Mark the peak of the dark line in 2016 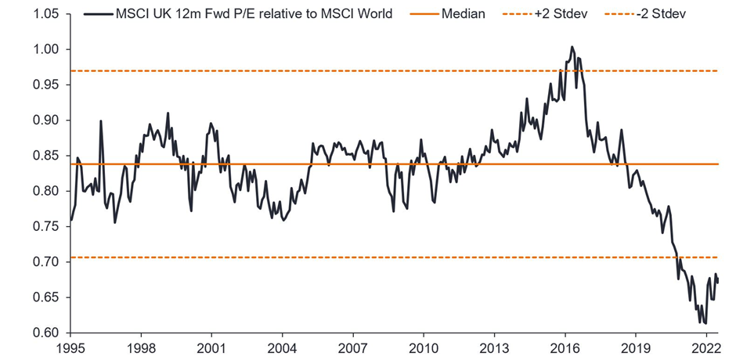(x=572, y=47)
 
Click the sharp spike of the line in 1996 (x=101, y=121)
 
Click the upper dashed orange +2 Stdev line (x=313, y=71)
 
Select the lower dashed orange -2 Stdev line (x=313, y=257)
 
